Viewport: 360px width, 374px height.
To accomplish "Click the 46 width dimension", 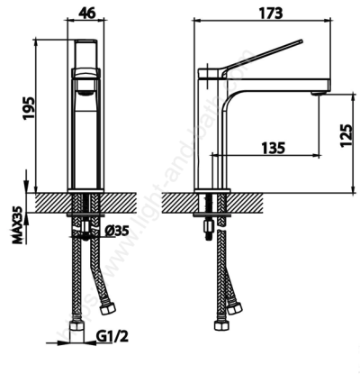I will [x=86, y=13].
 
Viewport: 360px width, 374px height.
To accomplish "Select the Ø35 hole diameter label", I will [x=115, y=230].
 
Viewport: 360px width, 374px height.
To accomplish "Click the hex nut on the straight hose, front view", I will [x=74, y=329].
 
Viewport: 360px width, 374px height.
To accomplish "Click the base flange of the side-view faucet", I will [x=213, y=189].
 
